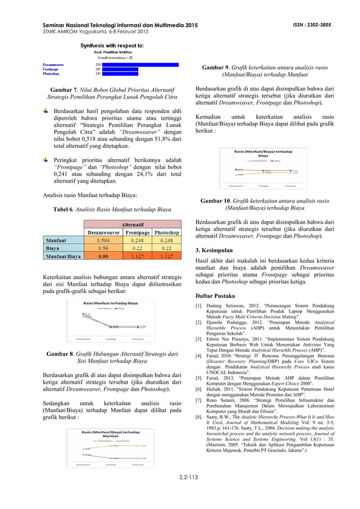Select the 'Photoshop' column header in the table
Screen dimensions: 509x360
(166, 232)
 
